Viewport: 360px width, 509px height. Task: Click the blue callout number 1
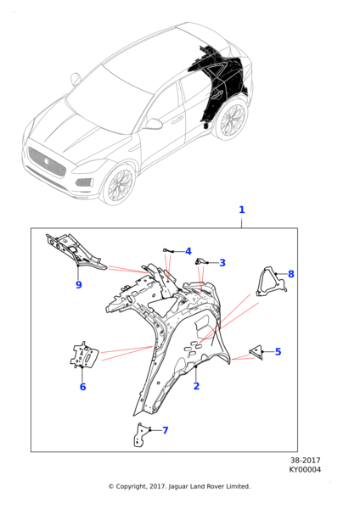[241, 210]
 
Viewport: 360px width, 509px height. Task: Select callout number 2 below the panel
[196, 386]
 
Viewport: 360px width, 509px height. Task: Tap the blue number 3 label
[222, 263]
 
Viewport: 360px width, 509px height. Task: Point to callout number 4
[188, 251]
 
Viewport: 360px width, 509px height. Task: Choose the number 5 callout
[278, 351]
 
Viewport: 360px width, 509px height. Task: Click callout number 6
[83, 387]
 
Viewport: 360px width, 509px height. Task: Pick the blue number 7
[166, 430]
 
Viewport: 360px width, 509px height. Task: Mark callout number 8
[291, 274]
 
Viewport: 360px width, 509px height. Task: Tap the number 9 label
[79, 285]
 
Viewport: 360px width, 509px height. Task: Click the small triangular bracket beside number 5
[257, 352]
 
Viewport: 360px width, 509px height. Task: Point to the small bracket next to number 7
[140, 435]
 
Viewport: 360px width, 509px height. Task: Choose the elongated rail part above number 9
[76, 251]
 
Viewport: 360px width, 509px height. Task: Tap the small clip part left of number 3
[200, 261]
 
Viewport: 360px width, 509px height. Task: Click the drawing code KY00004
[305, 469]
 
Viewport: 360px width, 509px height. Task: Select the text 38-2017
[306, 460]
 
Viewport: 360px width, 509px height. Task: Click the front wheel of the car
[119, 184]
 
